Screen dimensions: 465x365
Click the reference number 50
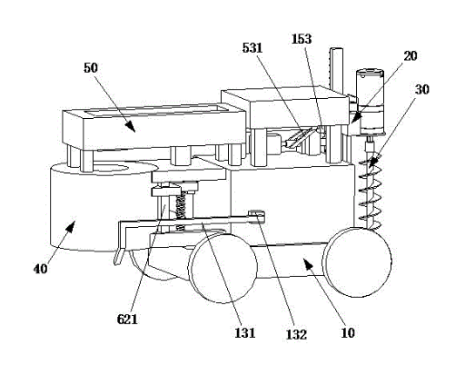click(91, 68)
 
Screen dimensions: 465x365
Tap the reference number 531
click(252, 48)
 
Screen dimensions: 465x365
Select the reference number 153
click(302, 39)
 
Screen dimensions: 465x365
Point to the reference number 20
click(411, 55)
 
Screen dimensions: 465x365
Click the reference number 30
click(421, 89)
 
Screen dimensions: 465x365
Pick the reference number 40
click(41, 269)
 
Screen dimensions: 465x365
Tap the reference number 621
click(127, 319)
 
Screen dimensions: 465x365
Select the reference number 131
click(245, 332)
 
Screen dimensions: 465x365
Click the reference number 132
click(296, 334)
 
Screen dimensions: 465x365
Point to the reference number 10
click(348, 332)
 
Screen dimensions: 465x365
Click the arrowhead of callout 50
click(131, 126)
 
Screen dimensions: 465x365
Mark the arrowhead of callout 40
click(71, 226)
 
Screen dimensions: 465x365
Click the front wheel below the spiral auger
click(358, 262)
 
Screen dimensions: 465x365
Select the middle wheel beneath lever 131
click(223, 268)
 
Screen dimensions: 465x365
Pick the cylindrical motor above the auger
click(370, 102)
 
